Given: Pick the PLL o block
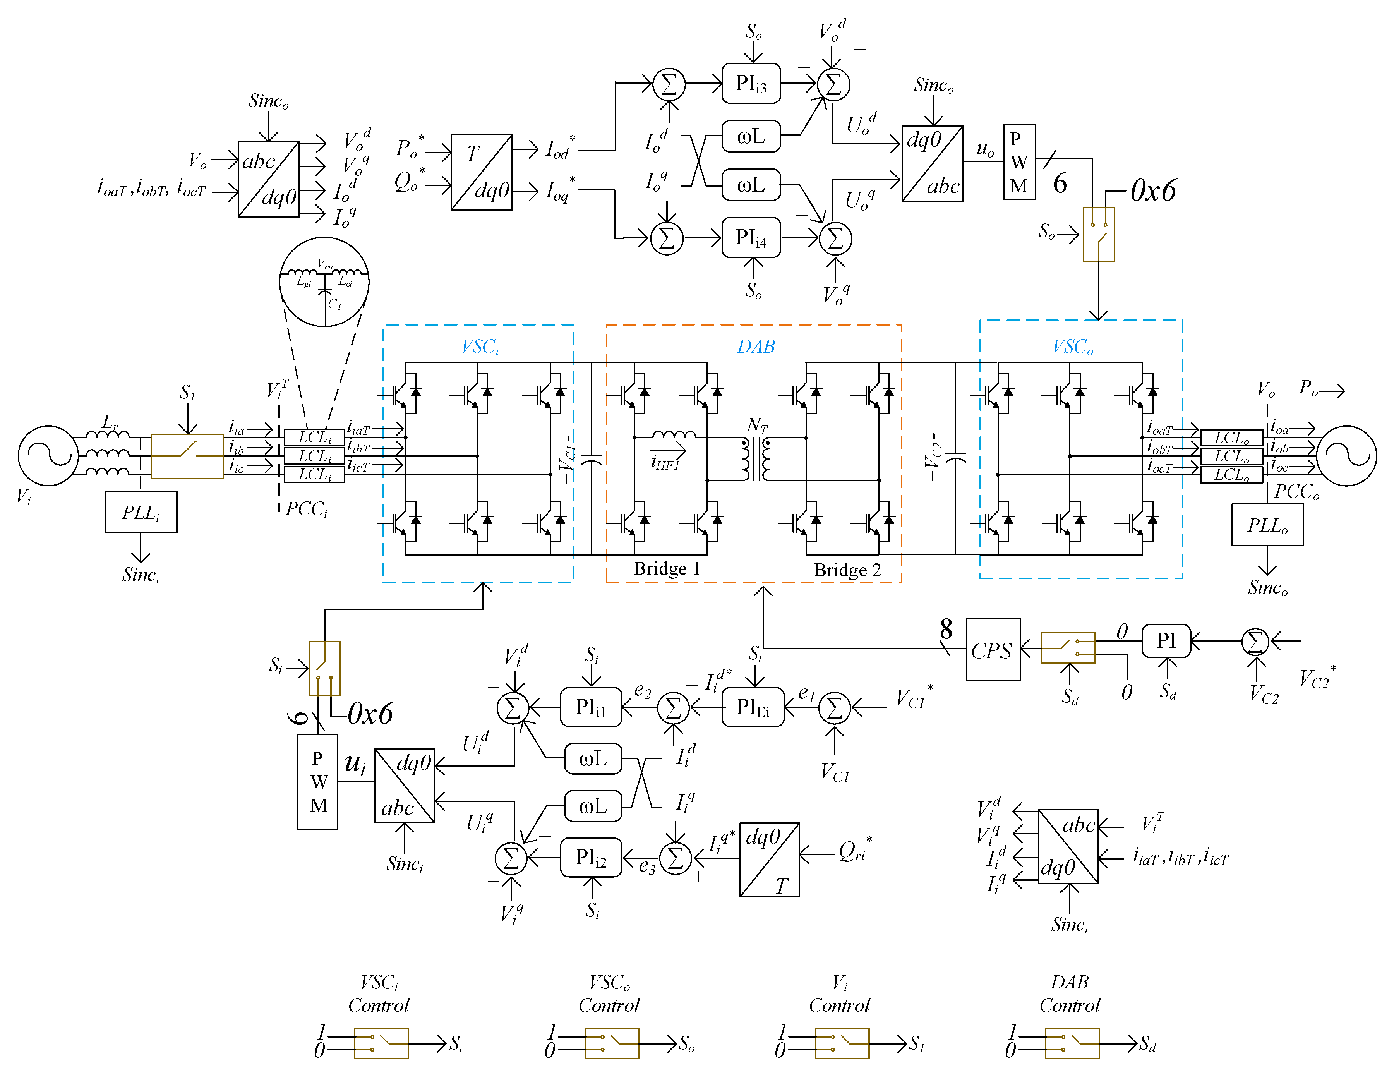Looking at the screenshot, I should (1267, 525).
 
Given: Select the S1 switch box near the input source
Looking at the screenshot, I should (187, 456).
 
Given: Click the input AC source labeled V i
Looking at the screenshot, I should (48, 456).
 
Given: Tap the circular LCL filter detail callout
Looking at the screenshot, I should (324, 281).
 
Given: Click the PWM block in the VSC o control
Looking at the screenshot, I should (1019, 162).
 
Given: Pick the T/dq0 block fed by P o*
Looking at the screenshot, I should (481, 172).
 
